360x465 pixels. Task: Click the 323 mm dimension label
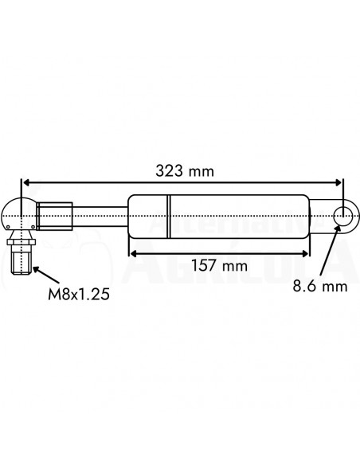[x=184, y=170]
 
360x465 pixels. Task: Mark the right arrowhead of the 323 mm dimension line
[x=339, y=182]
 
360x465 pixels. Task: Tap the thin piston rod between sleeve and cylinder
[x=100, y=214]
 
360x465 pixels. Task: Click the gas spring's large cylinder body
[x=231, y=214]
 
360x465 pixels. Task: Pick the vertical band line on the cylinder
[x=169, y=214]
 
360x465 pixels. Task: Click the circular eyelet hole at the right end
[x=344, y=215]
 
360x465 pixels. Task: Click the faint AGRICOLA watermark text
[x=239, y=263]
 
